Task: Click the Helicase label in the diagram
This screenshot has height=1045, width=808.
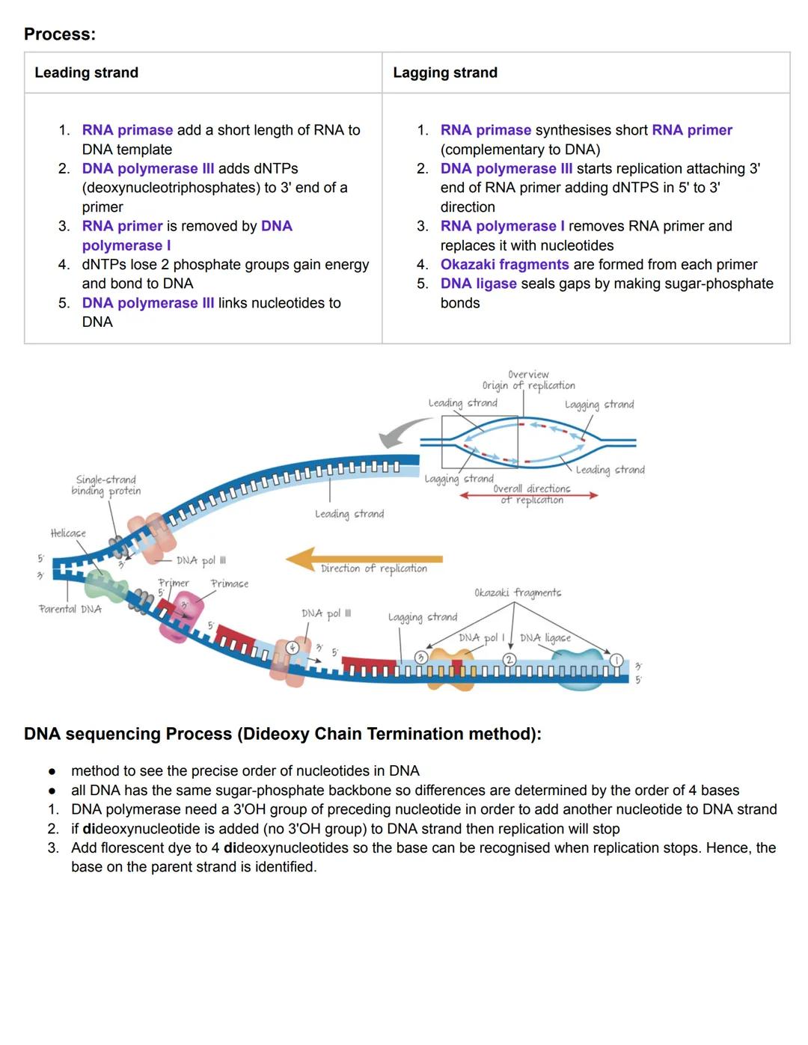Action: (x=68, y=533)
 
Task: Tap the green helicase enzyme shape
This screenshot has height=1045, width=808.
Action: (x=105, y=583)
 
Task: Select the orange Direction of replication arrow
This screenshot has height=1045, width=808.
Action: (x=364, y=559)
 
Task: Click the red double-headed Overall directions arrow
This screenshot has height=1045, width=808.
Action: (x=529, y=495)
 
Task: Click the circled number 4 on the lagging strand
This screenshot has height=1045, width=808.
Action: (x=294, y=647)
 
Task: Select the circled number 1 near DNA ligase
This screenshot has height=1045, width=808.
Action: (x=616, y=659)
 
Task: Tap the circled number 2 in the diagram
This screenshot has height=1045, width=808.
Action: (x=509, y=659)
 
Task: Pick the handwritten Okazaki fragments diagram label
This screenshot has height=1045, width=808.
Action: (x=518, y=592)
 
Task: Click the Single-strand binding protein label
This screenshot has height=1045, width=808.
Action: (x=106, y=485)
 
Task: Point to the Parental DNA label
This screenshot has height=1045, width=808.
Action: (x=70, y=609)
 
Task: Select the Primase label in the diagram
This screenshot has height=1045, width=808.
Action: (x=230, y=583)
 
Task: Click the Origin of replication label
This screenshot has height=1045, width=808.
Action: (x=528, y=385)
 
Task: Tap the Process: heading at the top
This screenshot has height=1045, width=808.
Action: (x=60, y=34)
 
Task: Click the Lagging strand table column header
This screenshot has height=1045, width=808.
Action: (x=445, y=73)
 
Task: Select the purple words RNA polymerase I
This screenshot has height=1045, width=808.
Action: (x=502, y=226)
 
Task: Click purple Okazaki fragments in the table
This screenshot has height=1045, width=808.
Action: (x=504, y=264)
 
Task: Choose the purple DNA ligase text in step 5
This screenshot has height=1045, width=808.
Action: (x=478, y=284)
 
